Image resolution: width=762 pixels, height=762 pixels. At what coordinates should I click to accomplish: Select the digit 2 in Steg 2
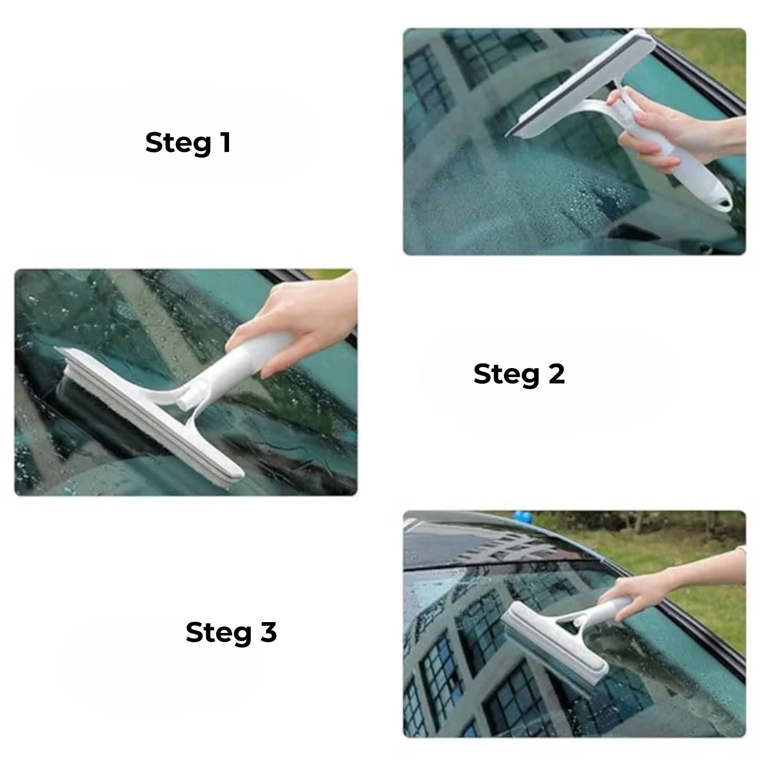point(555,373)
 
